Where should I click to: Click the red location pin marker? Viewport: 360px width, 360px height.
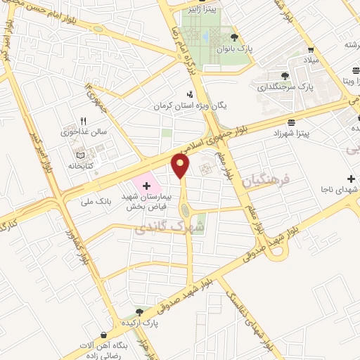[x=181, y=166]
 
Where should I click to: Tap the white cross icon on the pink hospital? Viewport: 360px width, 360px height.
[x=146, y=186]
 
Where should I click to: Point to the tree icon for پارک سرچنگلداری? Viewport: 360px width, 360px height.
[x=285, y=76]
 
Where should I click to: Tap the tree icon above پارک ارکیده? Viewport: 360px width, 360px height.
[x=139, y=311]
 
